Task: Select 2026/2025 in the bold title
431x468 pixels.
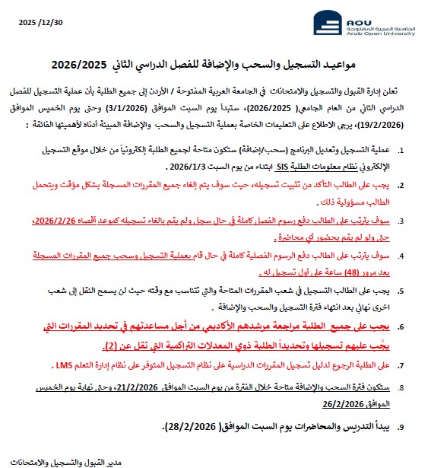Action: tap(81, 66)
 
